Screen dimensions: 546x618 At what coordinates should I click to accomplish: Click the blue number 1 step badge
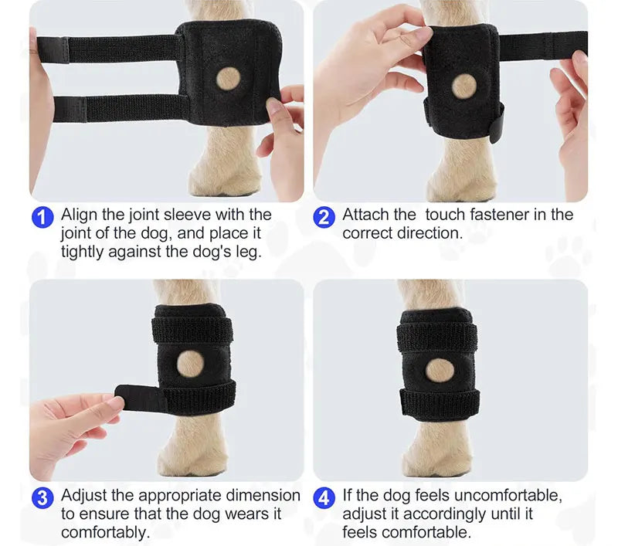coord(43,216)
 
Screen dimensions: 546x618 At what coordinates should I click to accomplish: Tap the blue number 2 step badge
coord(325,216)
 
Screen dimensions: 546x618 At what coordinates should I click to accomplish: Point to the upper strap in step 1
coord(116,49)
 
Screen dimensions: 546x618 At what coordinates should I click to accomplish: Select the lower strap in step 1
coord(116,107)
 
